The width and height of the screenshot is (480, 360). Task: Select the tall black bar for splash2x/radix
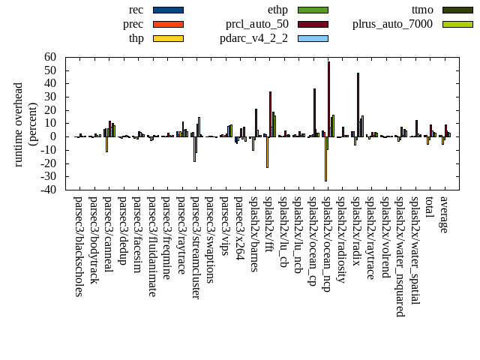(x=358, y=104)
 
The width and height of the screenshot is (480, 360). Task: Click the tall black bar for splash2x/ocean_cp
(x=314, y=112)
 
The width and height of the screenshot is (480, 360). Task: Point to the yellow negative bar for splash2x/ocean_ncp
(x=325, y=158)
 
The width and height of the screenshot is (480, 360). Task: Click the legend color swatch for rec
(x=168, y=10)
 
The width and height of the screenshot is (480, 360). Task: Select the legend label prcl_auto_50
(x=257, y=24)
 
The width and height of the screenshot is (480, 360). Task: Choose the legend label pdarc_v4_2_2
(x=254, y=38)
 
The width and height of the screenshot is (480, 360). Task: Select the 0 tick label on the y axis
(x=54, y=136)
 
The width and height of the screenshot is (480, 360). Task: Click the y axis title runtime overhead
(x=19, y=124)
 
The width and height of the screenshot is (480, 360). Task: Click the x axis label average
(x=444, y=214)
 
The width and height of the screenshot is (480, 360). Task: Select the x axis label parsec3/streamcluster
(x=196, y=247)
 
